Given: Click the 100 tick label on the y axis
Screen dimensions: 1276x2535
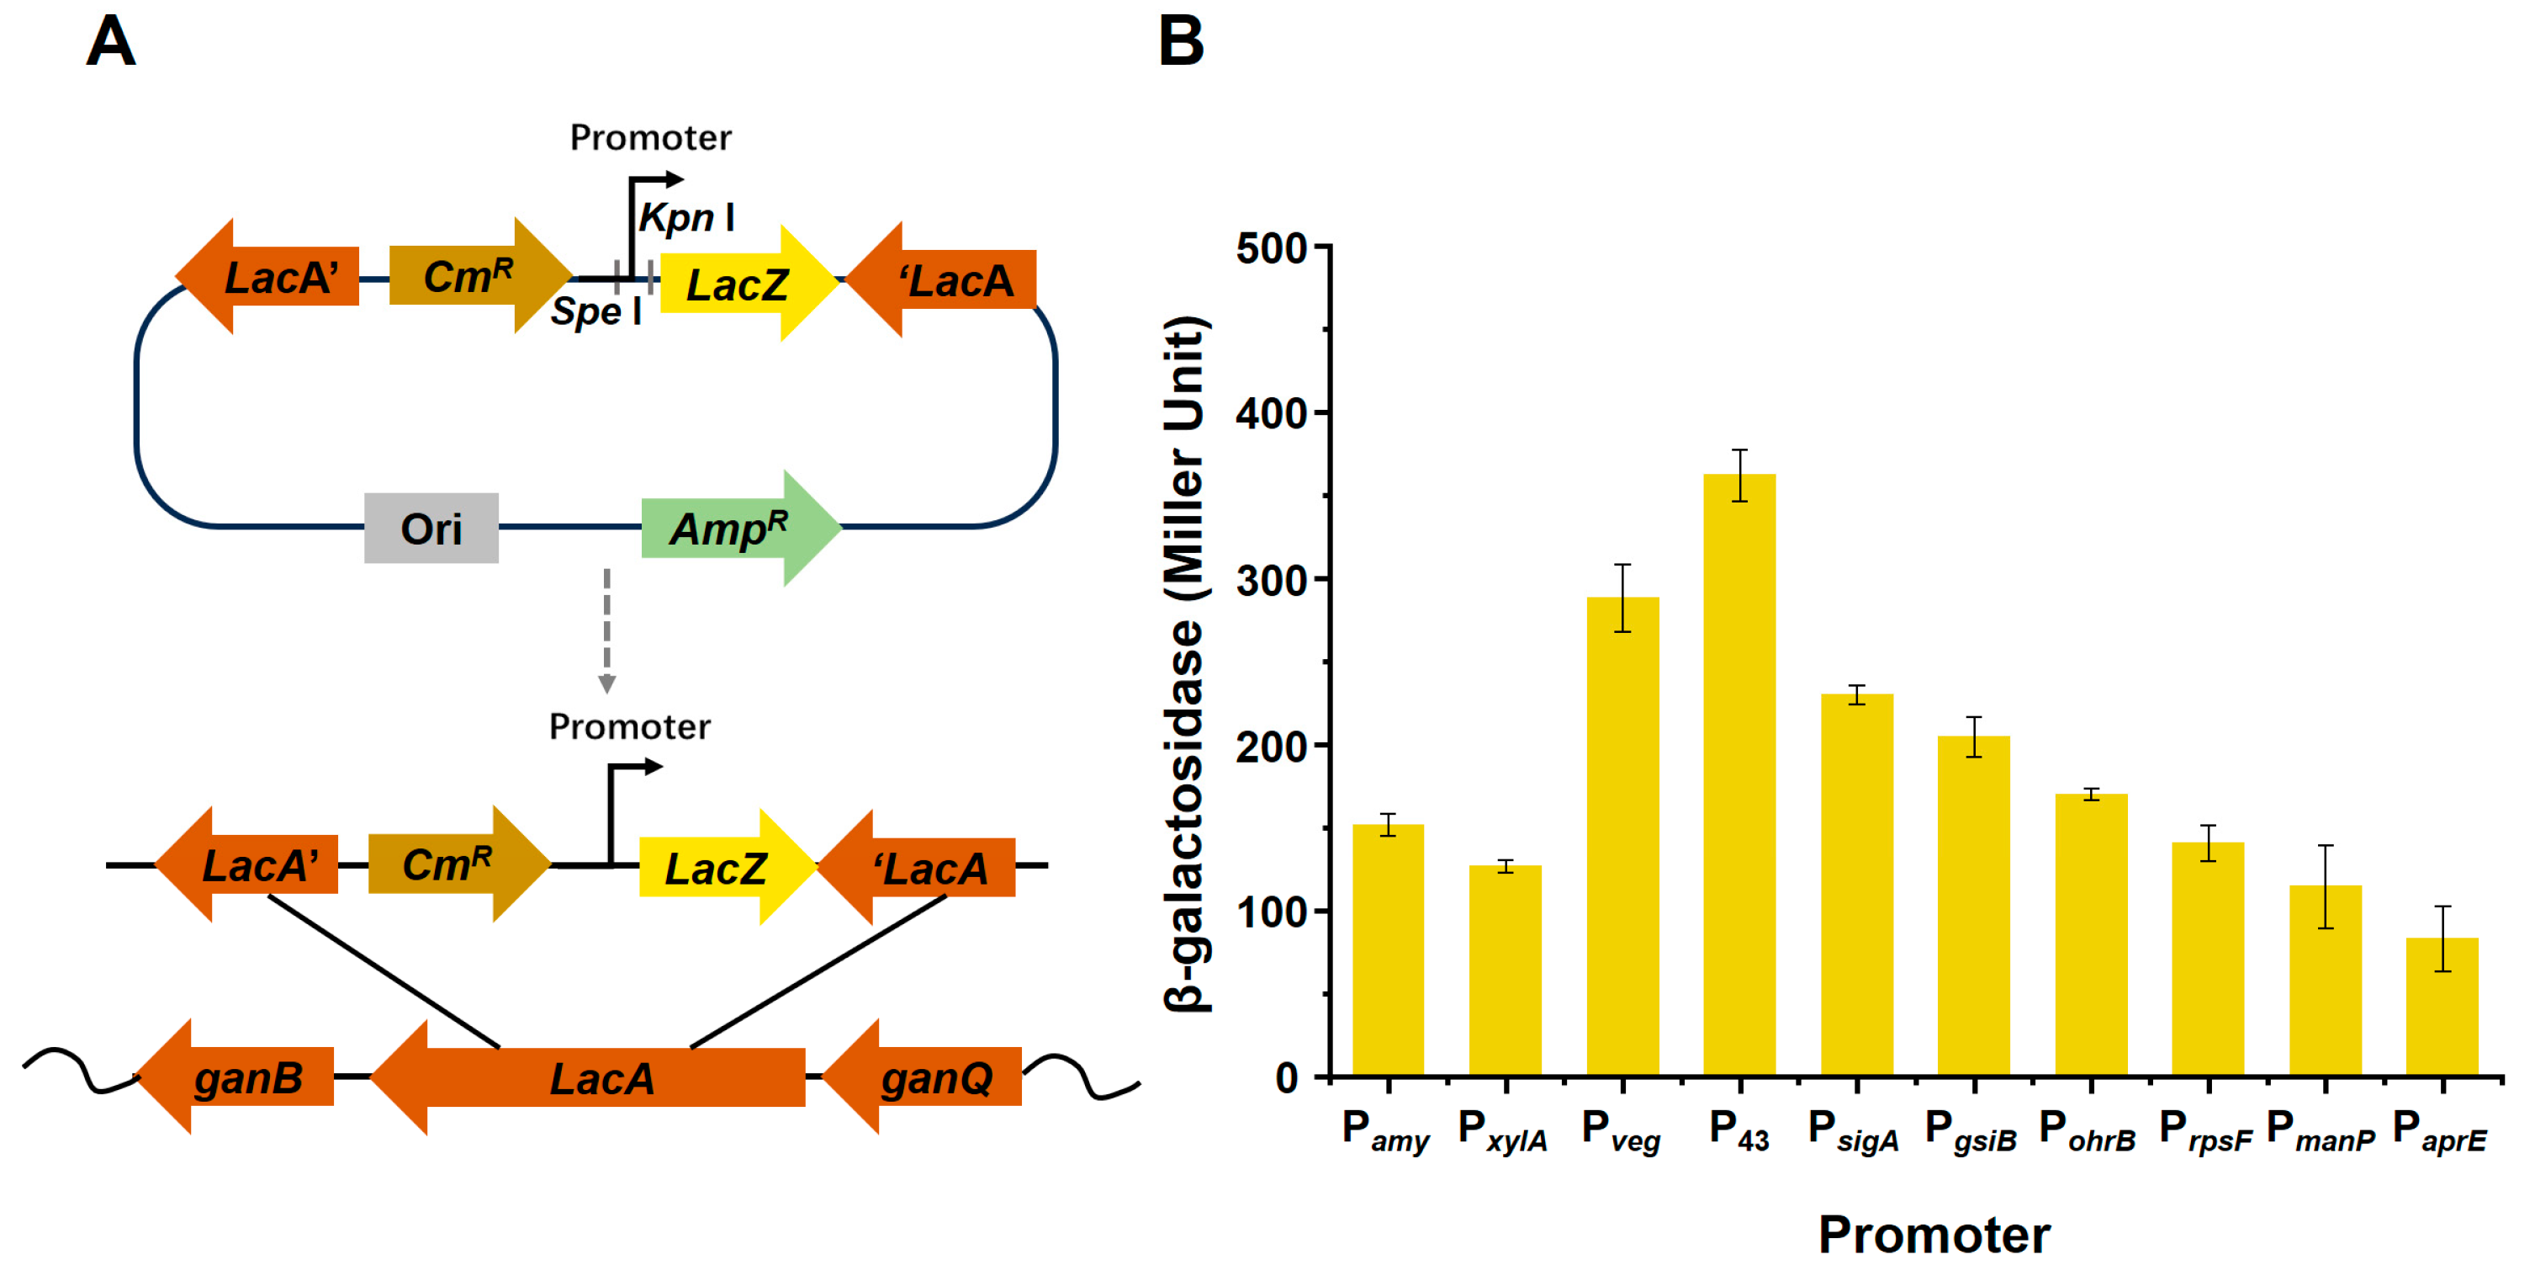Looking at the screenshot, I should pos(1271,912).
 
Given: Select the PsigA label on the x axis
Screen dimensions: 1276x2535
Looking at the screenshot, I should pos(1853,1132).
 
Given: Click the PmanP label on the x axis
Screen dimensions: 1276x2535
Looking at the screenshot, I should pos(2321,1132).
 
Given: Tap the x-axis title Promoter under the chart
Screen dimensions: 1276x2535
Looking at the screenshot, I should pos(1934,1234).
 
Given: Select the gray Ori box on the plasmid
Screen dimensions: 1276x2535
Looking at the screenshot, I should pos(431,529).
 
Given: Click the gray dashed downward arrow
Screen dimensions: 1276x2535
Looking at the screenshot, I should pos(607,630).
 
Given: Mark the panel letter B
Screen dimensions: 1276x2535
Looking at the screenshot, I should pos(1181,41).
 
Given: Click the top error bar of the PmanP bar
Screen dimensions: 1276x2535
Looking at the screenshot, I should pos(2326,846).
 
